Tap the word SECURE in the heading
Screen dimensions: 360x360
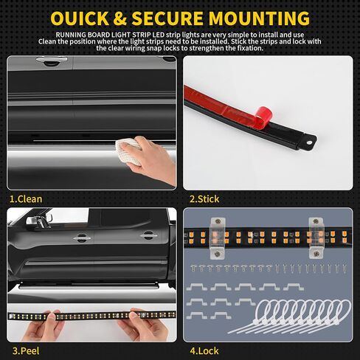click(167, 18)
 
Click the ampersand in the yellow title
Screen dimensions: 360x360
click(120, 18)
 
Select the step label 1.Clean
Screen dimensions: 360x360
click(26, 199)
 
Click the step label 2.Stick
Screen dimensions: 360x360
click(204, 199)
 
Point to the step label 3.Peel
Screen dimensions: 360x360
click(26, 351)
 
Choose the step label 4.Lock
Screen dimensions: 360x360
click(204, 351)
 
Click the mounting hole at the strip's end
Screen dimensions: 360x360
click(309, 142)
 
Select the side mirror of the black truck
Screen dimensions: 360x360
click(39, 221)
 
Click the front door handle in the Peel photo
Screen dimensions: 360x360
click(81, 238)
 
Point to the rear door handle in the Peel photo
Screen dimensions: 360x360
click(148, 235)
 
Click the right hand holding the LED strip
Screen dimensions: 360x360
click(145, 324)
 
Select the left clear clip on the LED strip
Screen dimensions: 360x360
click(218, 238)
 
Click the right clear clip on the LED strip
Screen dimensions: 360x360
click(316, 238)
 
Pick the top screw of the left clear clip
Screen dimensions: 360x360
click(218, 221)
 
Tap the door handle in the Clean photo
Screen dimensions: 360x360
click(52, 60)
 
